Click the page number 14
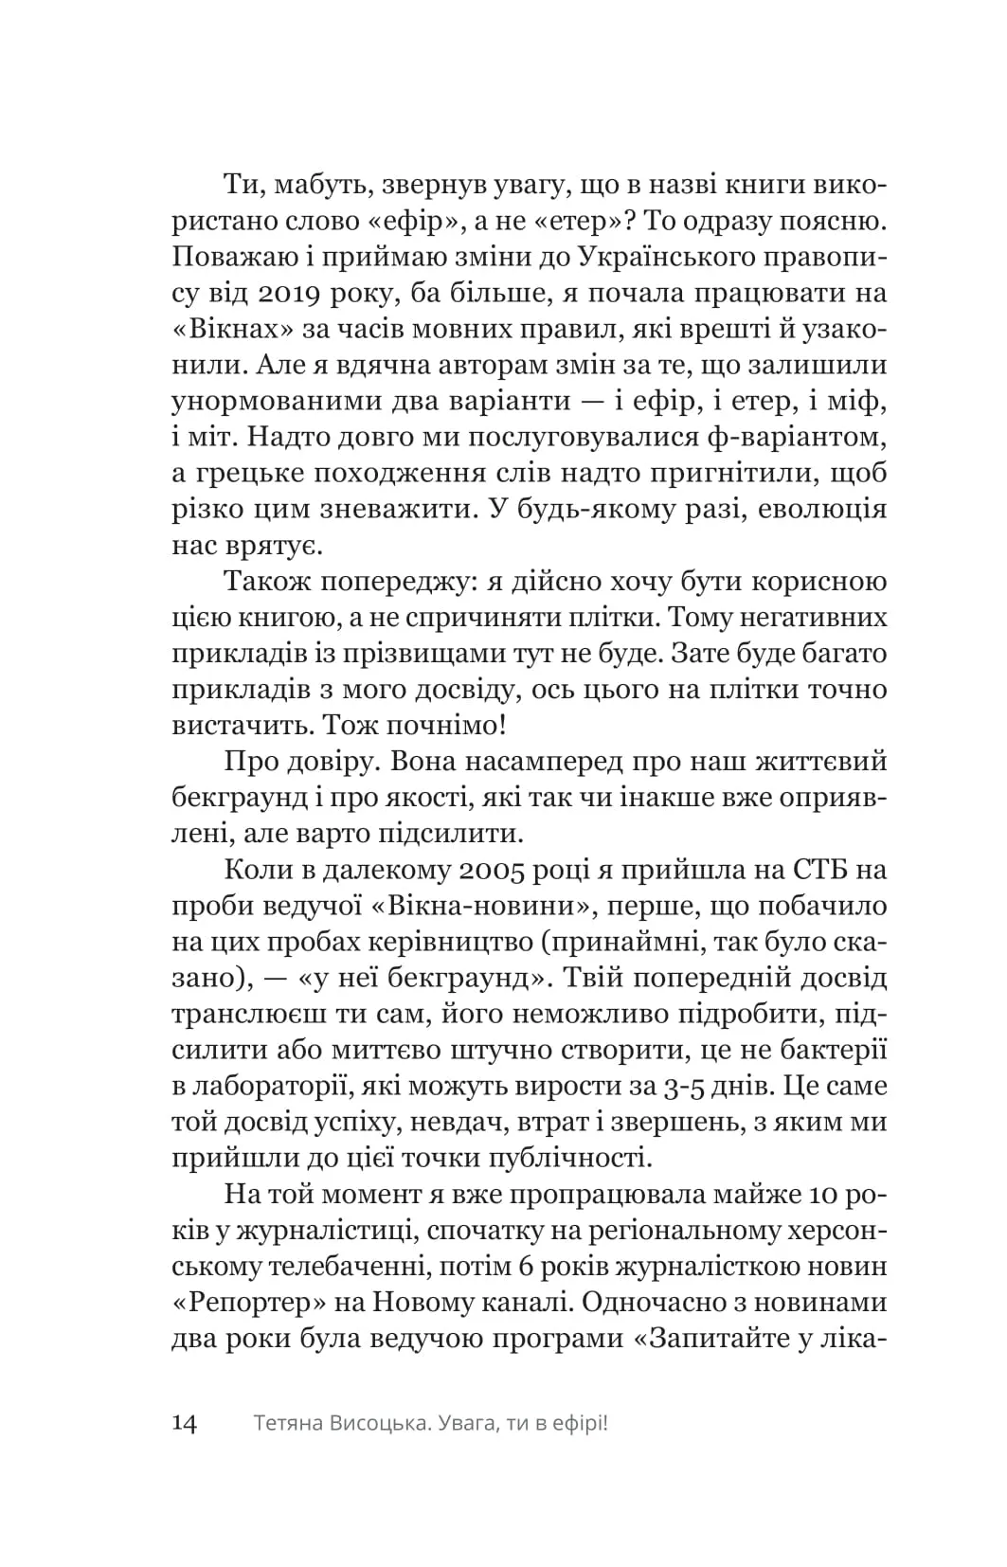(185, 1423)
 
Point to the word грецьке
(264, 474)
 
